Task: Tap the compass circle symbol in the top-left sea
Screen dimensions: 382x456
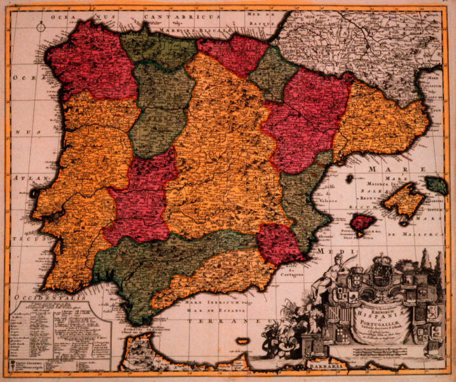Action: pyautogui.click(x=41, y=27)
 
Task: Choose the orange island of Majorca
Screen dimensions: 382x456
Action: pyautogui.click(x=403, y=200)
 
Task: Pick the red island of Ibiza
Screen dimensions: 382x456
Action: pyautogui.click(x=363, y=223)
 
